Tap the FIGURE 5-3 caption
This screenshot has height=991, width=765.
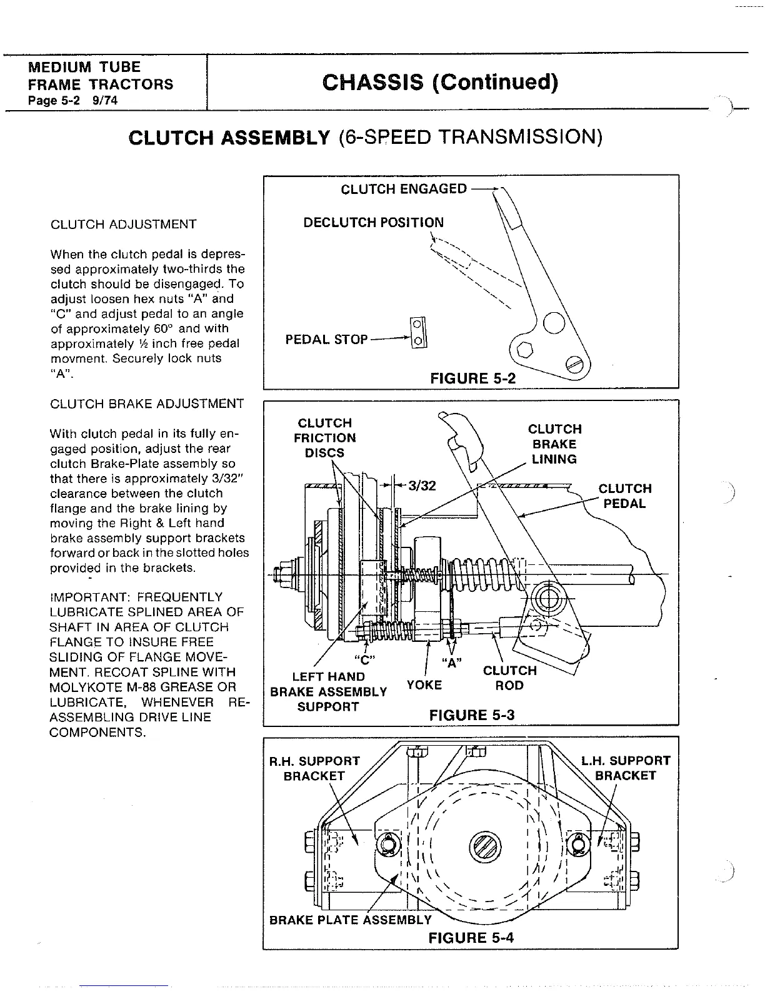[472, 714]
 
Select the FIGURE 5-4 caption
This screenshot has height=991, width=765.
[471, 937]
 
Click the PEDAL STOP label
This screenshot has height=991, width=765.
[326, 340]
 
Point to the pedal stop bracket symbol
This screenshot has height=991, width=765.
[417, 333]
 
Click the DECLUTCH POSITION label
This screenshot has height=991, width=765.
[373, 223]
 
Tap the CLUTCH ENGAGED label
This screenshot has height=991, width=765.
[404, 189]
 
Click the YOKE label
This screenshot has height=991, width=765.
[424, 685]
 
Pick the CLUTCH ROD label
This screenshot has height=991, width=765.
[509, 678]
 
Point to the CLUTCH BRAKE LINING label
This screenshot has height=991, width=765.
[554, 444]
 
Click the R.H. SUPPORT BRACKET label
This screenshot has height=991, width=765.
[314, 768]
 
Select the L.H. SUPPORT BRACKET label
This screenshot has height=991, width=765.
[626, 768]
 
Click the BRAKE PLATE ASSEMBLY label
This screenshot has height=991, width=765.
[350, 920]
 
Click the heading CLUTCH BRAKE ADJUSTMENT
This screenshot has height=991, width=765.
[147, 404]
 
